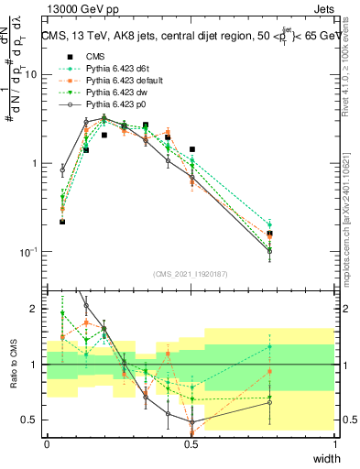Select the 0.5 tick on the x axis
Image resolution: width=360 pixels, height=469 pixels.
[x=191, y=444]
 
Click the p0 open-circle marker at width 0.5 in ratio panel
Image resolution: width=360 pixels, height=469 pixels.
[x=191, y=422]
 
